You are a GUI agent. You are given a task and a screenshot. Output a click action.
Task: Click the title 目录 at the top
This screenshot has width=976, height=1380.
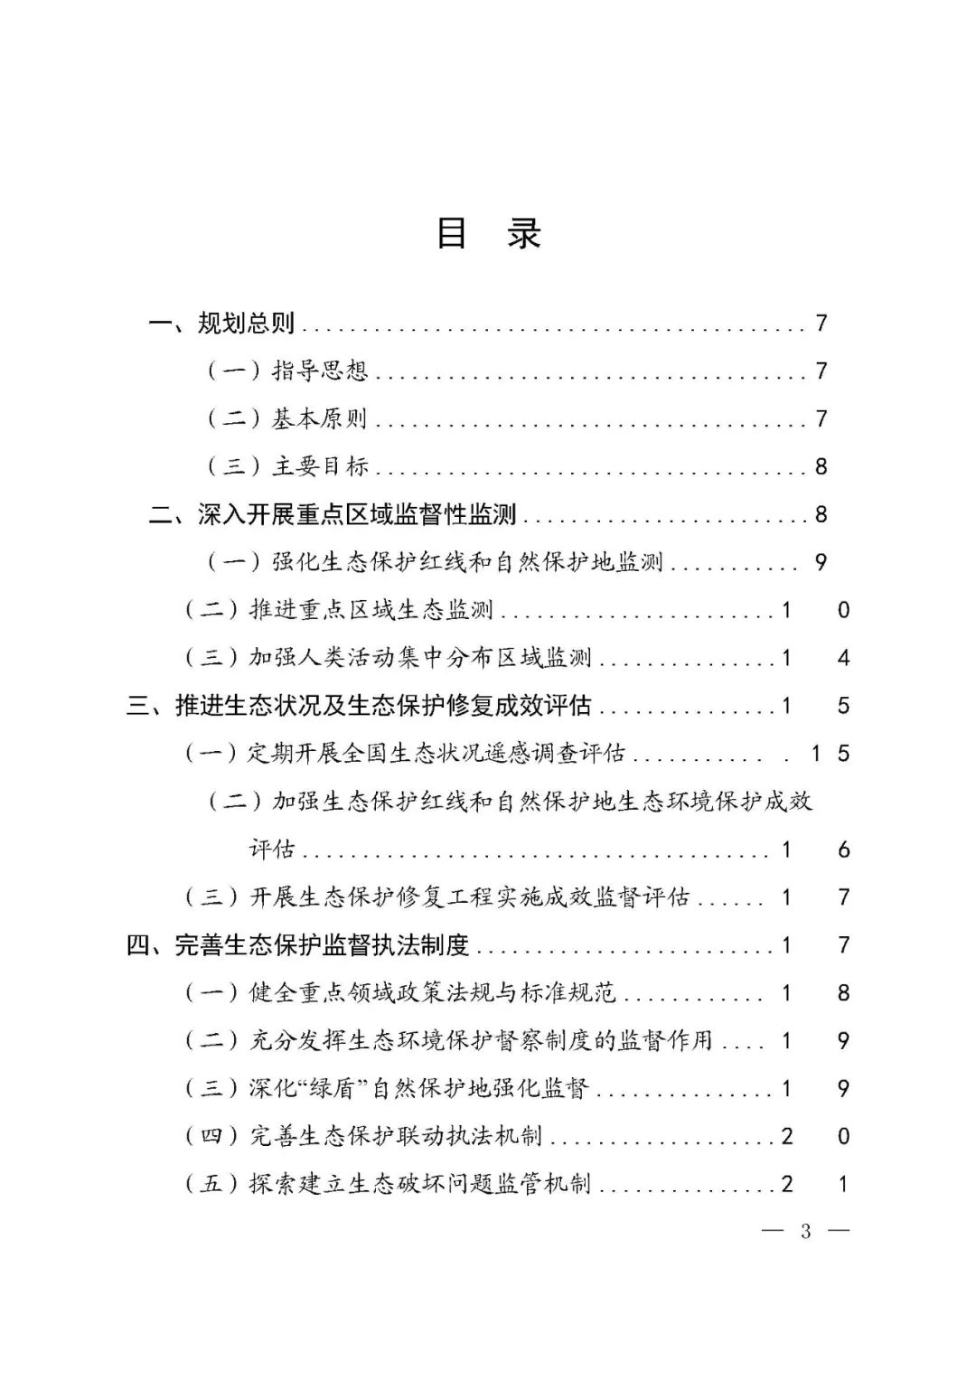pos(488,233)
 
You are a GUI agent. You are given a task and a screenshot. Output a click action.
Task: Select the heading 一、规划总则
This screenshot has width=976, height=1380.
pos(222,323)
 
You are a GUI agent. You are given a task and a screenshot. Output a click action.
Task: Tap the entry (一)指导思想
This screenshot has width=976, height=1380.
pos(287,371)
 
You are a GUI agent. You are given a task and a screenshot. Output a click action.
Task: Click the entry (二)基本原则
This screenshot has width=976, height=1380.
pos(287,418)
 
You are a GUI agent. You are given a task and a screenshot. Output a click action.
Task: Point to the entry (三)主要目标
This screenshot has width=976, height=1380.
pos(287,466)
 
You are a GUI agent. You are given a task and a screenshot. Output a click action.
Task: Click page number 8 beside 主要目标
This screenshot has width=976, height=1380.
pos(821,466)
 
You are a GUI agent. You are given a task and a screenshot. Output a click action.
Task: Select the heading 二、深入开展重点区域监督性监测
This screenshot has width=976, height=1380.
pos(333,514)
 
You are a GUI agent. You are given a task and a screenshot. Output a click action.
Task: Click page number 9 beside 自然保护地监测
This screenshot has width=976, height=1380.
pos(821,562)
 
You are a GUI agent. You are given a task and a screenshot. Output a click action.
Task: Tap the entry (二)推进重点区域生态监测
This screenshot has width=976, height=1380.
pos(339,610)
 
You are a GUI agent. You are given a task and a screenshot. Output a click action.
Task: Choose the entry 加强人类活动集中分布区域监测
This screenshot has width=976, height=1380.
pos(420,658)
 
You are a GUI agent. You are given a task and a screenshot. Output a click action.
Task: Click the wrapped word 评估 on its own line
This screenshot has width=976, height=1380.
pos(272,850)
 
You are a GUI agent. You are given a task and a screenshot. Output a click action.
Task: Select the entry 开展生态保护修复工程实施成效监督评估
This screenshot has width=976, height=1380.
pos(469,897)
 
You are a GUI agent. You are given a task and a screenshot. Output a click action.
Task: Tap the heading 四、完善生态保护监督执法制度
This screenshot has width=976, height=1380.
pos(298,945)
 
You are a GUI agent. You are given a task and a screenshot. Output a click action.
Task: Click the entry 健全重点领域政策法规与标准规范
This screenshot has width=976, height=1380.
pos(432,993)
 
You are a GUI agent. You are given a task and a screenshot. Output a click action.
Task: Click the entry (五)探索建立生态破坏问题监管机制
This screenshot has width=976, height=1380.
pos(388,1184)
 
